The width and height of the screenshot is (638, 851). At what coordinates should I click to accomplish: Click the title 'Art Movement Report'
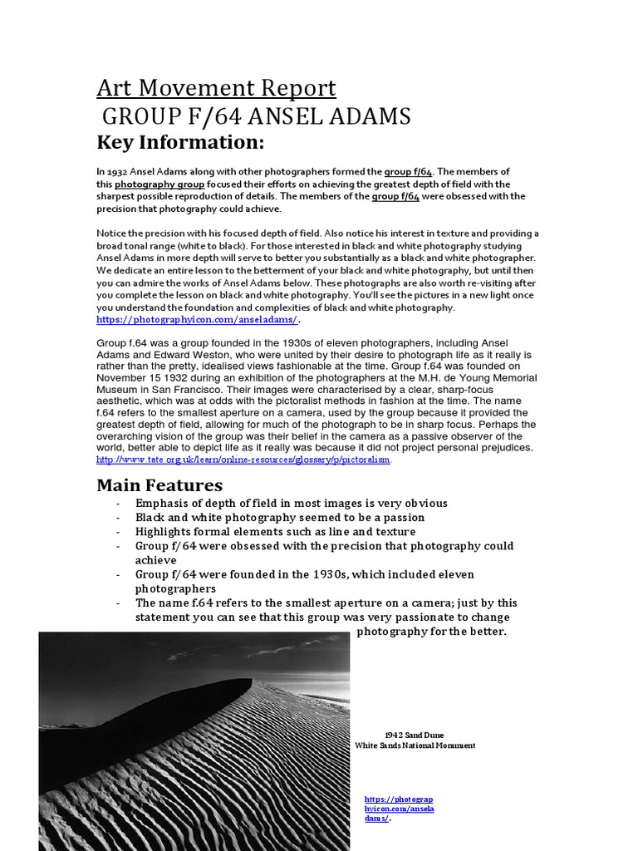click(216, 88)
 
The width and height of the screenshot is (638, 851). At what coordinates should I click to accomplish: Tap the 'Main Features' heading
click(159, 485)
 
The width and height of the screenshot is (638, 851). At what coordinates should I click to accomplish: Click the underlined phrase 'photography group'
click(146, 184)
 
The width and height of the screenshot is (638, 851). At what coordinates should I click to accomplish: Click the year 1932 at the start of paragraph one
click(117, 171)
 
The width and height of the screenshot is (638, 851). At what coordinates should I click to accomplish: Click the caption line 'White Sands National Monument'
click(415, 745)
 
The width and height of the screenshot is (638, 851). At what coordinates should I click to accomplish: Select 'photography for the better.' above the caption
click(430, 632)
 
